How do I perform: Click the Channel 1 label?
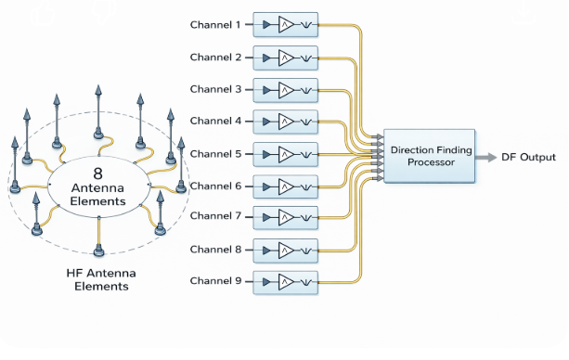[216, 24]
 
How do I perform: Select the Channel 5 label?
[216, 154]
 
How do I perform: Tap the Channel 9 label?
[216, 280]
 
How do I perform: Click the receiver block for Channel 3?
[285, 90]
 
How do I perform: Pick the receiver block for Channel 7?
[285, 217]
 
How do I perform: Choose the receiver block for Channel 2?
[285, 58]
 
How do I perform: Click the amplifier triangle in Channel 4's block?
[285, 122]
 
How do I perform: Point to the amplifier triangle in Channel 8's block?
[285, 250]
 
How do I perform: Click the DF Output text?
[529, 157]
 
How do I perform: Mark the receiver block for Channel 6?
[285, 186]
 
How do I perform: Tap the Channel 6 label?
[216, 186]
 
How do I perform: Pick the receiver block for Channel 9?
[285, 281]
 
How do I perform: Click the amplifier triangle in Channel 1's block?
[285, 26]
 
